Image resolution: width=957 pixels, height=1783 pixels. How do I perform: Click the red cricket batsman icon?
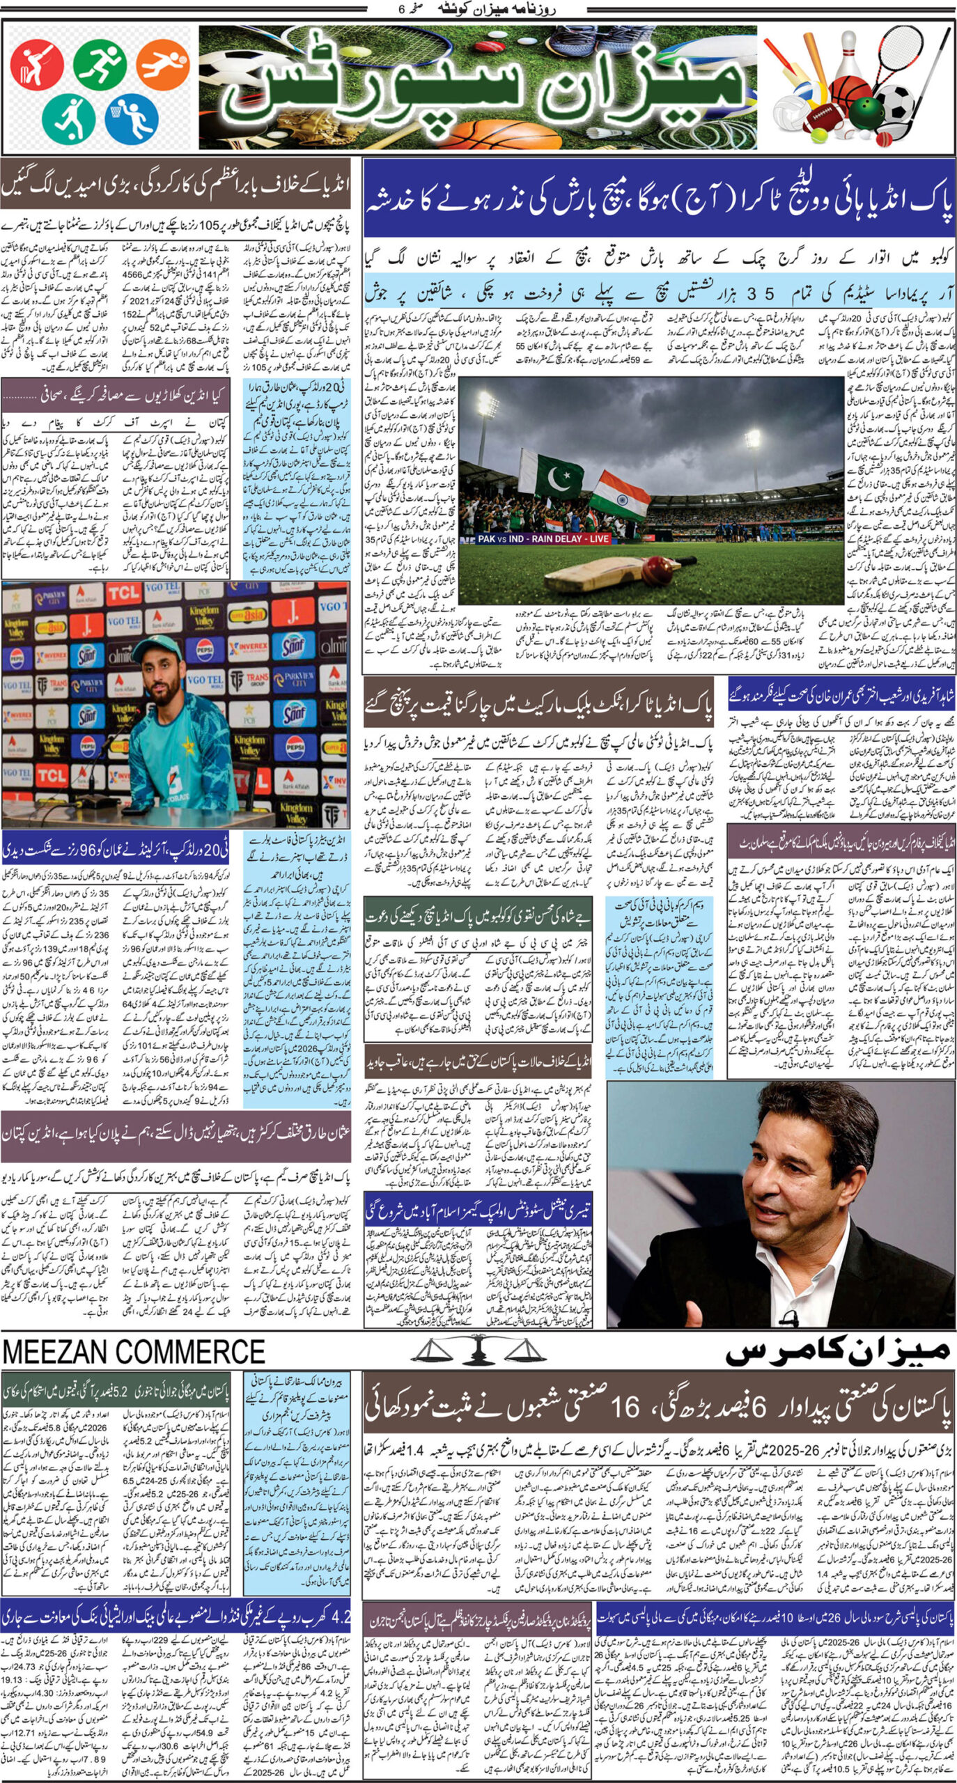[x=37, y=65]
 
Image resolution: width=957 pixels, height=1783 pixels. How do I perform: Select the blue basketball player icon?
[x=132, y=117]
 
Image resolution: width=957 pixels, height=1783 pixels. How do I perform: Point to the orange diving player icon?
[x=163, y=64]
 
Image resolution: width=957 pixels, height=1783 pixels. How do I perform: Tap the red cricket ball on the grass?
[x=657, y=571]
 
